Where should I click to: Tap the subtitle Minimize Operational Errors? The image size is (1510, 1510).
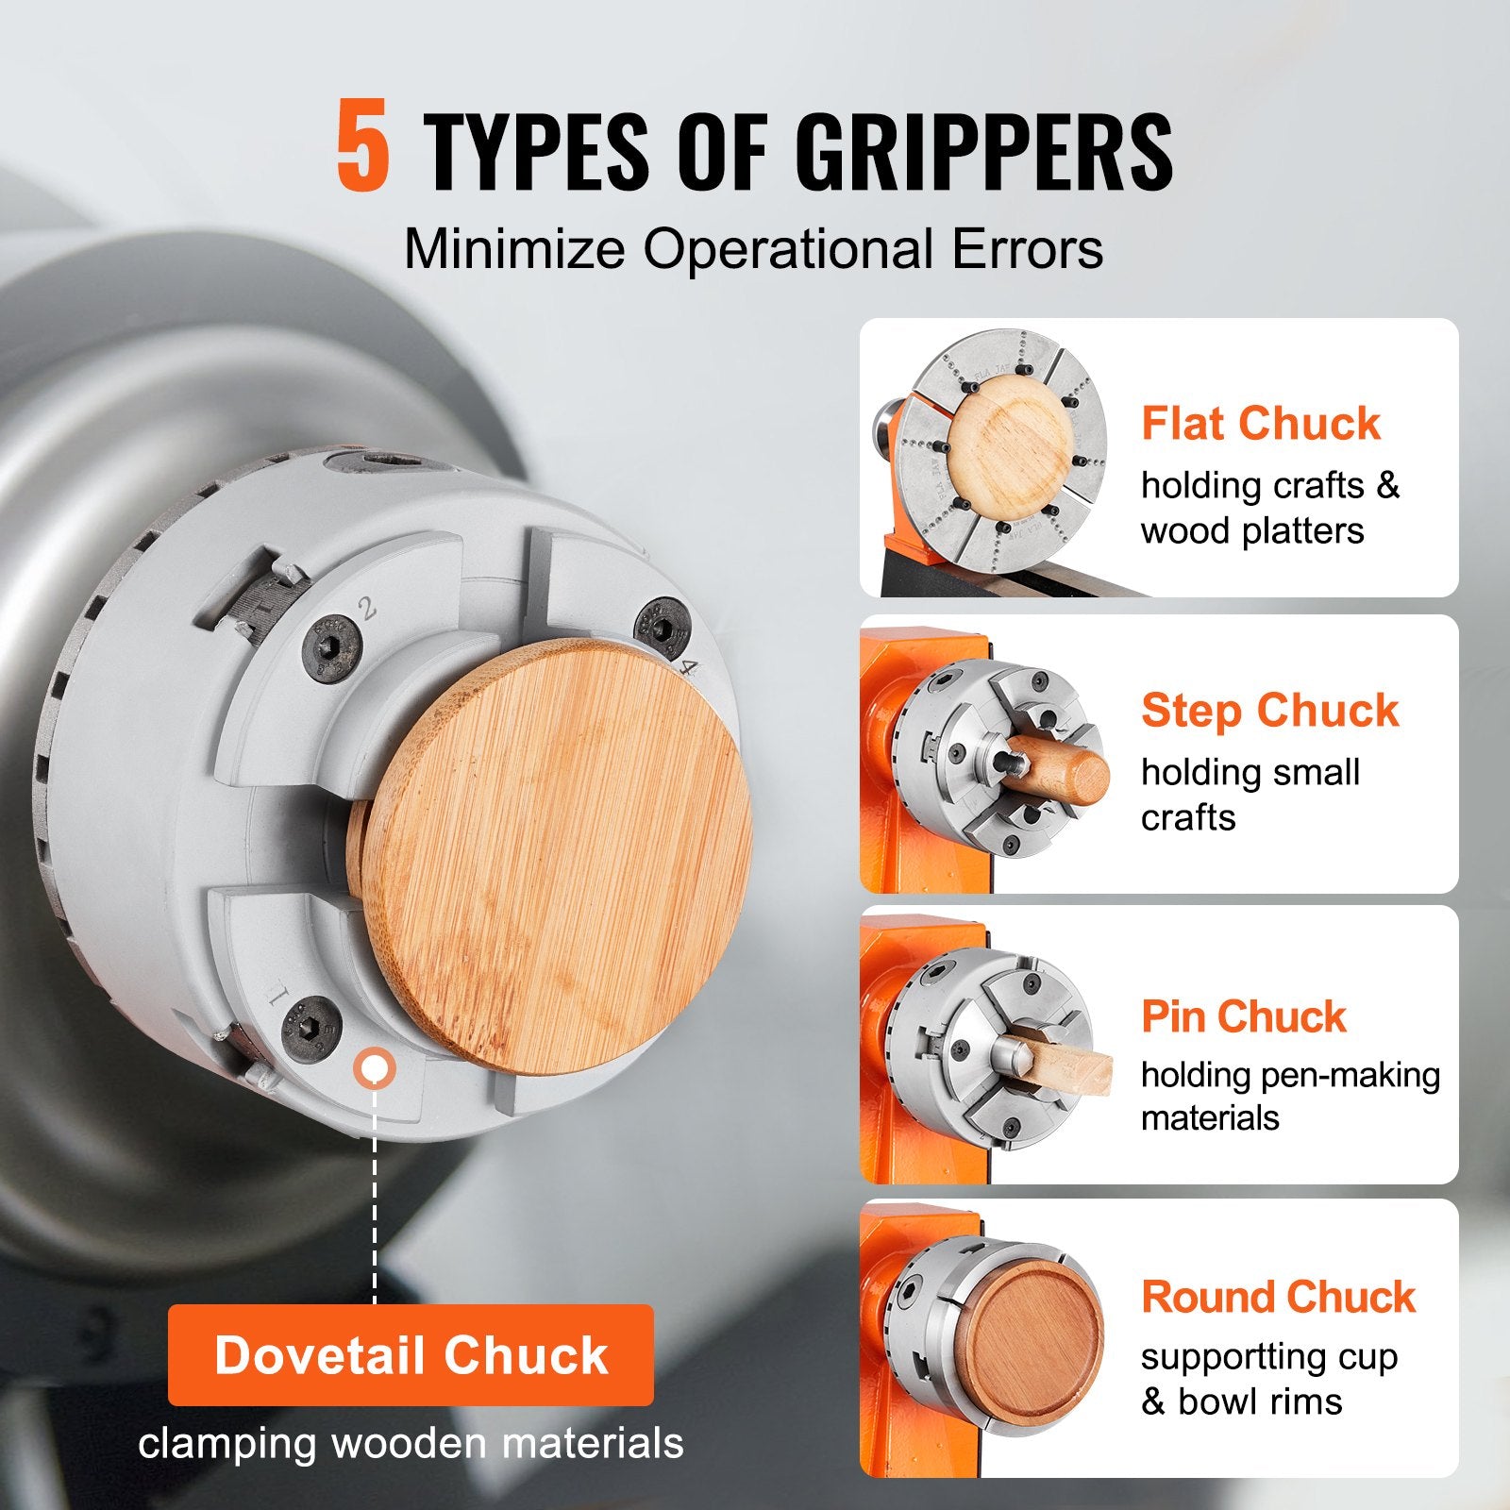[x=753, y=250]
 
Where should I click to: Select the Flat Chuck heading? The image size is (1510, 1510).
[x=1261, y=423]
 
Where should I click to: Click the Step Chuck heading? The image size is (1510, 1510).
[x=1269, y=710]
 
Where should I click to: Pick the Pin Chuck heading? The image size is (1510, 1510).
[x=1244, y=1016]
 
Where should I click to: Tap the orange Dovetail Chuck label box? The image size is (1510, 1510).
[x=411, y=1355]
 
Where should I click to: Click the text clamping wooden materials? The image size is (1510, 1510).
[x=411, y=1444]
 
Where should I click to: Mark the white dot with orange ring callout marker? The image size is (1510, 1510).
[x=374, y=1068]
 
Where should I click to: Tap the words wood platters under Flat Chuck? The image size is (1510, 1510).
[x=1252, y=531]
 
